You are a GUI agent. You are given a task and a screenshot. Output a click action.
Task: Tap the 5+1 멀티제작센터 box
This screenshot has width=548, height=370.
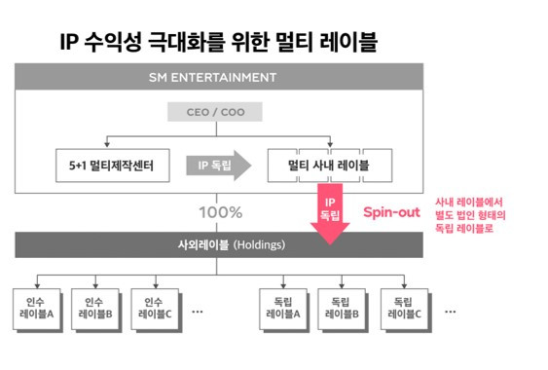tap(111, 166)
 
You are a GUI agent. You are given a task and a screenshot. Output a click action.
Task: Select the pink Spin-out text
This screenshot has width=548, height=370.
tap(391, 210)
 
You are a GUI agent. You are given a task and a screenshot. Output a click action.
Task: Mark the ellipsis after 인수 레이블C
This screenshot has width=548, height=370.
tap(197, 312)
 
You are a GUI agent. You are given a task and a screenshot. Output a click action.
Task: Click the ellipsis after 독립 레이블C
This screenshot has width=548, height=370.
tap(450, 312)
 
